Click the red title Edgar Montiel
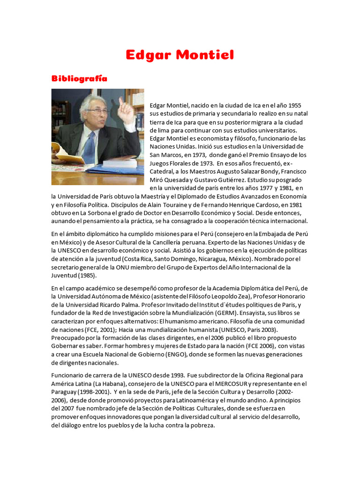pos(180,55)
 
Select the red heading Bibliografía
pos(79,78)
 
